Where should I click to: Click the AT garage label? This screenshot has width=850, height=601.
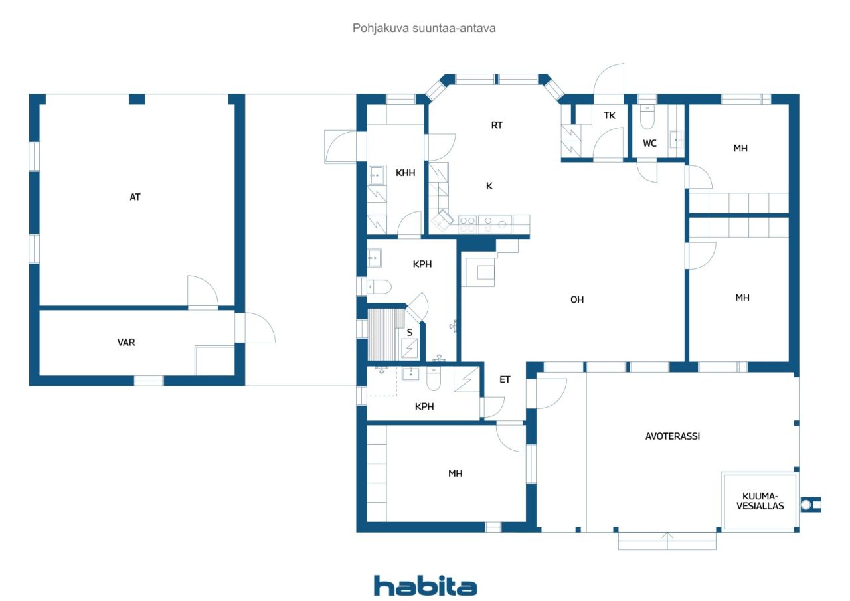(135, 197)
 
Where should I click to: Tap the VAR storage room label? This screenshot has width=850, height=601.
(126, 343)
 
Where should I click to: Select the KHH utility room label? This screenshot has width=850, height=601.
(405, 173)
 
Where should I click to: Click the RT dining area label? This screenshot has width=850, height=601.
(497, 125)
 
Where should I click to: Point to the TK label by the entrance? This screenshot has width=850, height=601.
(609, 116)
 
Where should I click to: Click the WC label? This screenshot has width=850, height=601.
(649, 143)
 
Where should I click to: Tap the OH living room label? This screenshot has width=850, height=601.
(577, 300)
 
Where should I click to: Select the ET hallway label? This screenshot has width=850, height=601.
(505, 379)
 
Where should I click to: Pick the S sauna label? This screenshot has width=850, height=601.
(410, 333)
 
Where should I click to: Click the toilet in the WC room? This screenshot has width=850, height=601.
(647, 118)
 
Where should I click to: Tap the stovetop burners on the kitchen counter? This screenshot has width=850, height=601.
(467, 224)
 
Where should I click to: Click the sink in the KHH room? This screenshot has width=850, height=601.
(377, 175)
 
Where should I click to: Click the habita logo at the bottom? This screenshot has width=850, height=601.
(425, 586)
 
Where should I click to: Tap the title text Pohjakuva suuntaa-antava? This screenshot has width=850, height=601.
(424, 29)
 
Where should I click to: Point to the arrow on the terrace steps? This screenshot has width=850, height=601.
(667, 537)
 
